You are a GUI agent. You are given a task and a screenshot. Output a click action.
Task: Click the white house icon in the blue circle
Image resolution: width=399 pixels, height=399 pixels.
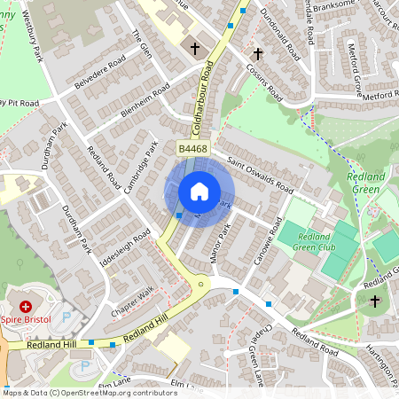(x=199, y=192)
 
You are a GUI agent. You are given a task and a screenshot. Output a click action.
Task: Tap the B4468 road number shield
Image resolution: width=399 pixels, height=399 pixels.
(x=192, y=149)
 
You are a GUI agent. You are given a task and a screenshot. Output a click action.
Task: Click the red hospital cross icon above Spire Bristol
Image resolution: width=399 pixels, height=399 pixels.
(x=12, y=305)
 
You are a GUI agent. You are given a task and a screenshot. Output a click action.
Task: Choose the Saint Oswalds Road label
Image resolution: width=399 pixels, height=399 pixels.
(x=260, y=175)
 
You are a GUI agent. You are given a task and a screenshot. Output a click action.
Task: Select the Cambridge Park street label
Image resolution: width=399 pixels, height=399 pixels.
(x=140, y=168)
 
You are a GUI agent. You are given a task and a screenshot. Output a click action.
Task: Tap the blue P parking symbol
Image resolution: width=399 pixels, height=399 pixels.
(x=85, y=365)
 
